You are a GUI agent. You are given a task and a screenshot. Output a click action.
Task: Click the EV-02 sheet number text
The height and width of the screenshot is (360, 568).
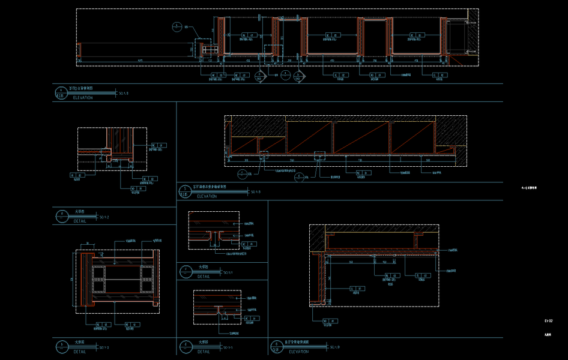click(x=548, y=322)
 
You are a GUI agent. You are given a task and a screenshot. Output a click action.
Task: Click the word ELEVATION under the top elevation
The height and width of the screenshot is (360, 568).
click(x=83, y=98)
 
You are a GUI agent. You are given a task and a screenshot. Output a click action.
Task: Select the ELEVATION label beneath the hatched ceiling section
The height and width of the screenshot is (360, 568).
click(x=207, y=196)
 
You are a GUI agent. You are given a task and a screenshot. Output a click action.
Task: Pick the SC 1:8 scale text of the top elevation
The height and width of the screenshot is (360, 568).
click(x=124, y=93)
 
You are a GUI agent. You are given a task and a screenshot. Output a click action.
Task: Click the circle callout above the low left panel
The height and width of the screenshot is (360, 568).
click(x=177, y=26)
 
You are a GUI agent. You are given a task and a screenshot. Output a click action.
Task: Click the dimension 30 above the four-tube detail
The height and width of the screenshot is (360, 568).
click(x=88, y=244)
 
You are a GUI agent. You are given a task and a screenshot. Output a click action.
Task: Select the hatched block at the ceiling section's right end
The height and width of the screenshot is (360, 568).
click(x=450, y=139)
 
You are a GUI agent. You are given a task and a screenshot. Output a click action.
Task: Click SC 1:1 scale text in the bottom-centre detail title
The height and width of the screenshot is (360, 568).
click(x=228, y=347)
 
